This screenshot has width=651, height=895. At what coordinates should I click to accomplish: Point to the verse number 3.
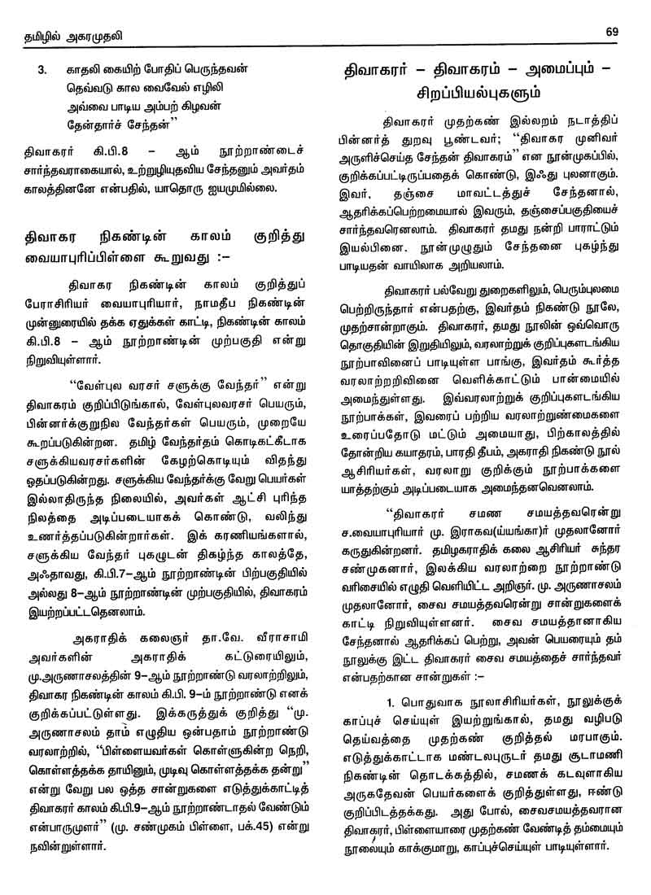(x=42, y=71)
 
